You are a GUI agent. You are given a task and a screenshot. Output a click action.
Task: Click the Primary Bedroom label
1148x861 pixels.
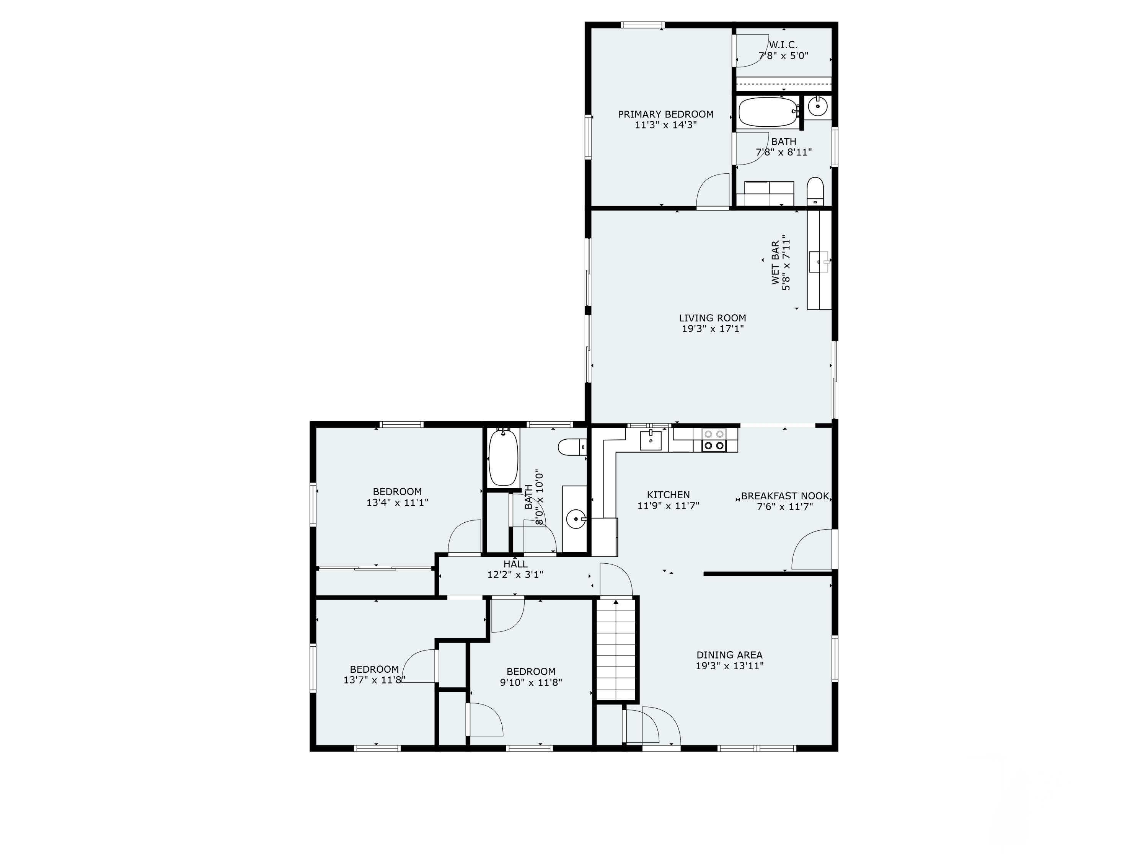(x=665, y=114)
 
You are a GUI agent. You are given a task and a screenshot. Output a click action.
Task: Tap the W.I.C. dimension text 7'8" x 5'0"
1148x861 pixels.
(x=783, y=56)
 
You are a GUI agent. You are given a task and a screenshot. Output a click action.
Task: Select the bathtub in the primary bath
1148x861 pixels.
(x=767, y=112)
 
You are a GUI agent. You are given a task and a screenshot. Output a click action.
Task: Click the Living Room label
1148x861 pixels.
(x=712, y=318)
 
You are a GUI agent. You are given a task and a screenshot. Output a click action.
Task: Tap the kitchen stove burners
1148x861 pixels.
(x=714, y=440)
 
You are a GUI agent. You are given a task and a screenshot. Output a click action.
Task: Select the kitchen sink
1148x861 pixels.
(x=650, y=440)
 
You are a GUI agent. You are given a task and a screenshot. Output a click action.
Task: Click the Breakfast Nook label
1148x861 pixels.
(x=785, y=496)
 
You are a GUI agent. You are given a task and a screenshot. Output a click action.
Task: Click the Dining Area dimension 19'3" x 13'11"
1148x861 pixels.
(x=729, y=666)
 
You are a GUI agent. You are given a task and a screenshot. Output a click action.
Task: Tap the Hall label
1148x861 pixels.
(x=515, y=564)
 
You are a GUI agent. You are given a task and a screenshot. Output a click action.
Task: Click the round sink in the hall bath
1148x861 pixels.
(x=574, y=518)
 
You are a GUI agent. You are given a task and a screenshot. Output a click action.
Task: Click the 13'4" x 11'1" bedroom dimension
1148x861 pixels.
(x=397, y=502)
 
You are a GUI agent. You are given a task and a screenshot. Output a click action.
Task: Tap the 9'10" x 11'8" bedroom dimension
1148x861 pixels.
(x=531, y=682)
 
